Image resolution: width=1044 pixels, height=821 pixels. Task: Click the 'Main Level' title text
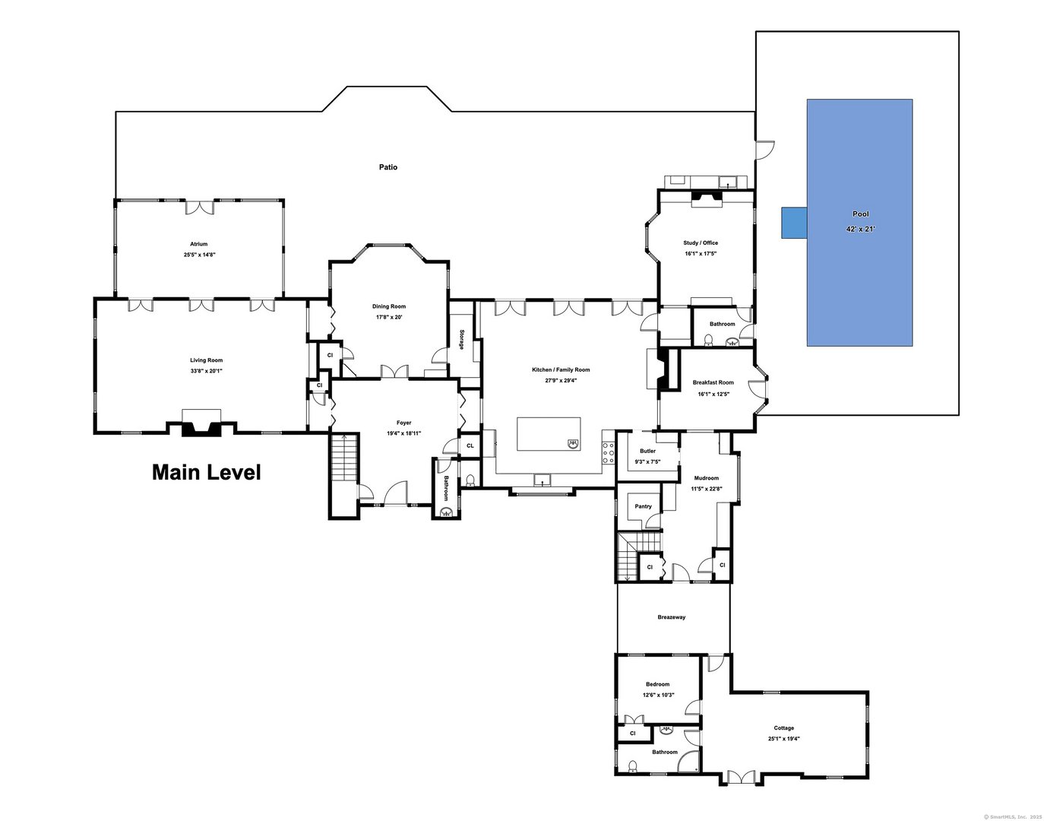click(x=206, y=473)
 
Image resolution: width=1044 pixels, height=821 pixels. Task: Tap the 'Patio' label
click(x=388, y=167)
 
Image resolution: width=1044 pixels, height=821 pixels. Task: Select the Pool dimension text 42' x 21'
click(x=860, y=229)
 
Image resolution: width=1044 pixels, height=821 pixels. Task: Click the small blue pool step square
click(x=794, y=223)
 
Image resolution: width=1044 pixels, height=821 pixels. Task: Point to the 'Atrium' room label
click(x=199, y=244)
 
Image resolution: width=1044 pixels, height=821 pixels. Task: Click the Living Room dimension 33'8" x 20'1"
click(x=207, y=371)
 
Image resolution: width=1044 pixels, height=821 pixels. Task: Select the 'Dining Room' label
click(x=388, y=306)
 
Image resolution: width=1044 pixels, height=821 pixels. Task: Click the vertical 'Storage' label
click(x=461, y=339)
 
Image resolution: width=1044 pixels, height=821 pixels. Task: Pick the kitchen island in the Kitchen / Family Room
click(x=549, y=434)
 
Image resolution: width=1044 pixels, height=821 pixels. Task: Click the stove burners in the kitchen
click(x=608, y=452)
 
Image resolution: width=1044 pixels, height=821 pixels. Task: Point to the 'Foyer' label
click(x=403, y=423)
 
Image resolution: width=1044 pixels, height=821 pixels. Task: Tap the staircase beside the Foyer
click(x=344, y=457)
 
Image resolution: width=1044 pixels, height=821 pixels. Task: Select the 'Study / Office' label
click(x=700, y=243)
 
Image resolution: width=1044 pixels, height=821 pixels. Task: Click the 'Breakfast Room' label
click(x=713, y=382)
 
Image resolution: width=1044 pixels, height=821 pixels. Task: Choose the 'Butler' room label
click(x=647, y=451)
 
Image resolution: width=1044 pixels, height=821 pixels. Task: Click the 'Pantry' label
click(x=643, y=506)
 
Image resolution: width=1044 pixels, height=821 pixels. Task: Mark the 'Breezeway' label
click(x=672, y=617)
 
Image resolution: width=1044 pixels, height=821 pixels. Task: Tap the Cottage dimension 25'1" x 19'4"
click(x=783, y=738)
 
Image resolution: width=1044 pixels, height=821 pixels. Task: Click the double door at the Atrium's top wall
click(x=199, y=206)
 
